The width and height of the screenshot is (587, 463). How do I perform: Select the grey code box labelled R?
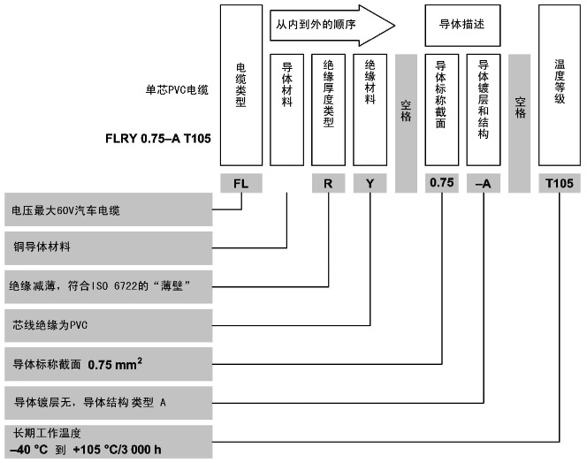328,185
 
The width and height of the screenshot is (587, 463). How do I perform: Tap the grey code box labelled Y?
369,185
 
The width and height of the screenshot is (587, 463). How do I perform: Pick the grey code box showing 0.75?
441,185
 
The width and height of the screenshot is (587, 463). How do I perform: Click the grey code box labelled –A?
484,185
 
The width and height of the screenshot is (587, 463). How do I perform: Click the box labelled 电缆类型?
240,85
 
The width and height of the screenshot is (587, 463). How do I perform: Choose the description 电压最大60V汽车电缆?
66,209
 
